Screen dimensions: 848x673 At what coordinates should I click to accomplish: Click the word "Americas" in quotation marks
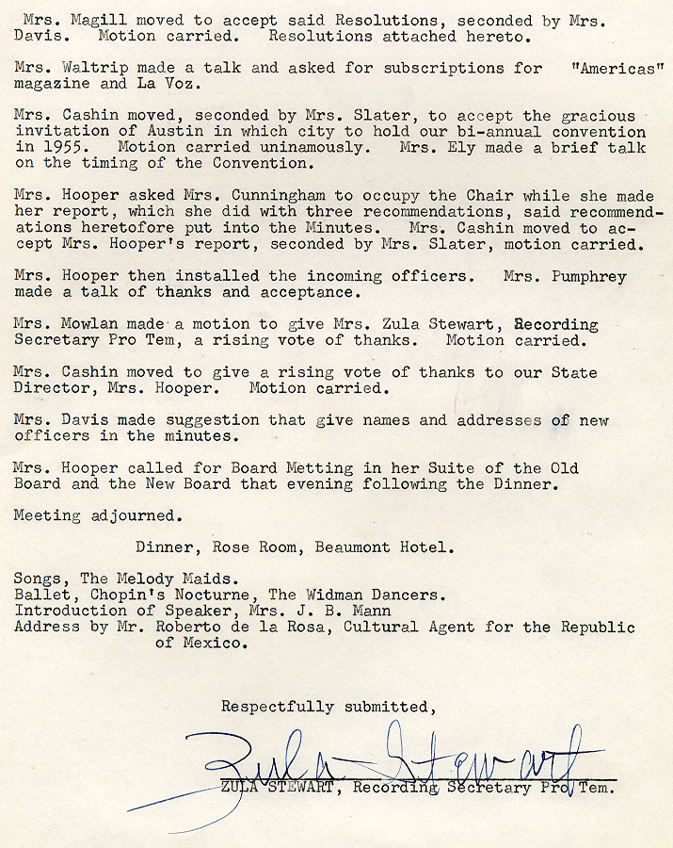[x=617, y=68]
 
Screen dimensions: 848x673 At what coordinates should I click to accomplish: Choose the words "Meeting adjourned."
[x=96, y=515]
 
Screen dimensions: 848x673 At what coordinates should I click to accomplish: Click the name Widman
[x=334, y=595]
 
